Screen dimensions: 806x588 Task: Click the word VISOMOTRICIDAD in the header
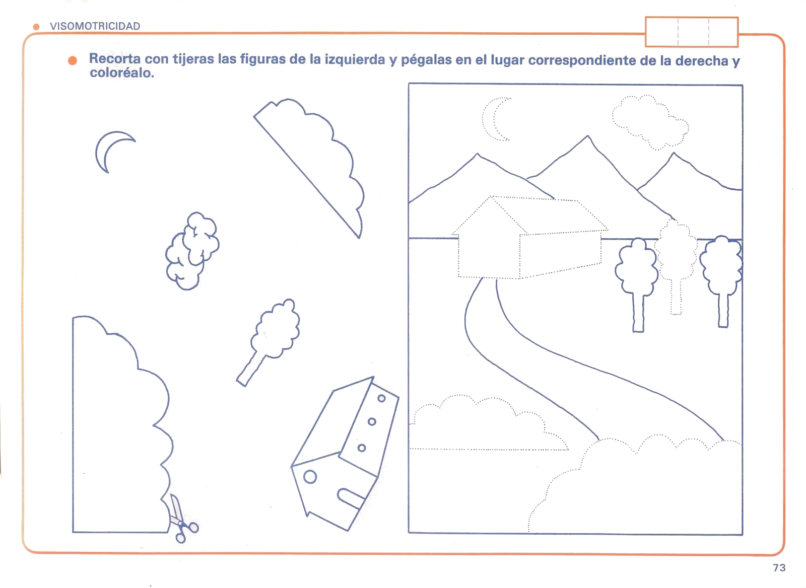(95, 26)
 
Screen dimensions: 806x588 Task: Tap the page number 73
(779, 567)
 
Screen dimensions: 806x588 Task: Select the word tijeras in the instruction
(193, 59)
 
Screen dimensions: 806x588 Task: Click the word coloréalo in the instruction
(122, 73)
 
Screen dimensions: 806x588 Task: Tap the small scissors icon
(182, 519)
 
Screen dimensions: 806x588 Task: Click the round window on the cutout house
(310, 477)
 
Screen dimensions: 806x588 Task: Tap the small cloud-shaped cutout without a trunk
(192, 251)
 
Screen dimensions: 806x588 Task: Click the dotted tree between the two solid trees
(676, 266)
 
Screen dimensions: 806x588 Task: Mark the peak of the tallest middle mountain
(587, 136)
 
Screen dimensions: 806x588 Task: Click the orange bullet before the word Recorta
(73, 60)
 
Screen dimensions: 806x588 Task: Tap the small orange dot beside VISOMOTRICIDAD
(36, 27)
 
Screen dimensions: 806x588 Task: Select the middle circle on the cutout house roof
(372, 421)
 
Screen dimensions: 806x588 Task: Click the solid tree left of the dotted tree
(637, 284)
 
